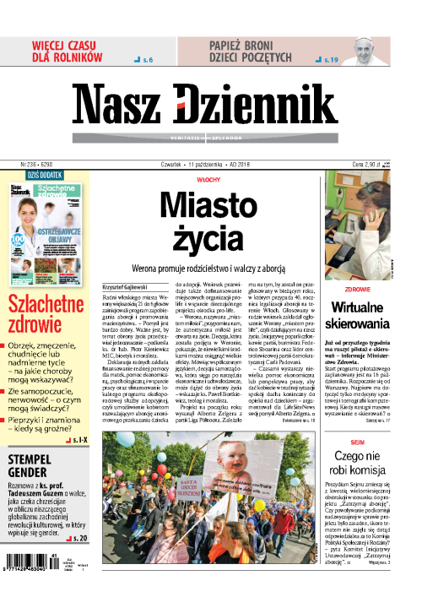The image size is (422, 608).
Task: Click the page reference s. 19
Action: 329,61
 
